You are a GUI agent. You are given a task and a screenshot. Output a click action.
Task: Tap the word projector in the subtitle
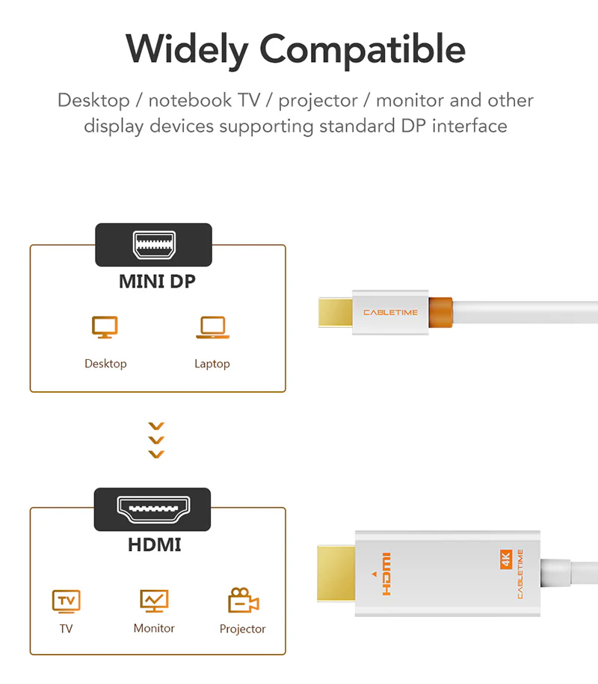pos(318,102)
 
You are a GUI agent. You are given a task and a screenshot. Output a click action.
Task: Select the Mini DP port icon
pos(154,245)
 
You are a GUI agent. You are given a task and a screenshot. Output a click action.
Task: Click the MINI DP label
pos(157,282)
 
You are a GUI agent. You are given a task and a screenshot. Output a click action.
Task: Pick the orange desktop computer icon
pos(105,327)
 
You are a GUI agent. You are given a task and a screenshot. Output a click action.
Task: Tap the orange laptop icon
pos(213,327)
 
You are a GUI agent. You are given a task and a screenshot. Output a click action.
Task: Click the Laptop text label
pos(212,364)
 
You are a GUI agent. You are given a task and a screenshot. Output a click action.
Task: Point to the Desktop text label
pos(105,364)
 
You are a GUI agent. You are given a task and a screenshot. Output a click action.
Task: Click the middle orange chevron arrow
pos(156,440)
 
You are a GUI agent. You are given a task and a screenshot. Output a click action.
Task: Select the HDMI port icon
pos(153,509)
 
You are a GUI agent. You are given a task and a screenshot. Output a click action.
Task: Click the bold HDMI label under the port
pos(155,545)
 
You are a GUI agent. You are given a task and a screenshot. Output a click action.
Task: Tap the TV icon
pos(67,602)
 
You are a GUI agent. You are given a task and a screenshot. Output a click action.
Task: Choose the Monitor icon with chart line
pos(154,600)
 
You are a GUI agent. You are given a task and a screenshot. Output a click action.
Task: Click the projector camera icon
pos(243,600)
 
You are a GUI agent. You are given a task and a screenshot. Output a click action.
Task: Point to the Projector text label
pos(242,629)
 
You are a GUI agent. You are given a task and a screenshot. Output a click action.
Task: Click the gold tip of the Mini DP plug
pos(336,312)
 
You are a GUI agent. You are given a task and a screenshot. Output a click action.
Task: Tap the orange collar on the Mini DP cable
pos(440,312)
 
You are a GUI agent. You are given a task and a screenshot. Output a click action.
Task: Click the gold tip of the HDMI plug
pos(336,573)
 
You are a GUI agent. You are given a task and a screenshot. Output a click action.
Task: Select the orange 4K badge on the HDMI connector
pos(506,559)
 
